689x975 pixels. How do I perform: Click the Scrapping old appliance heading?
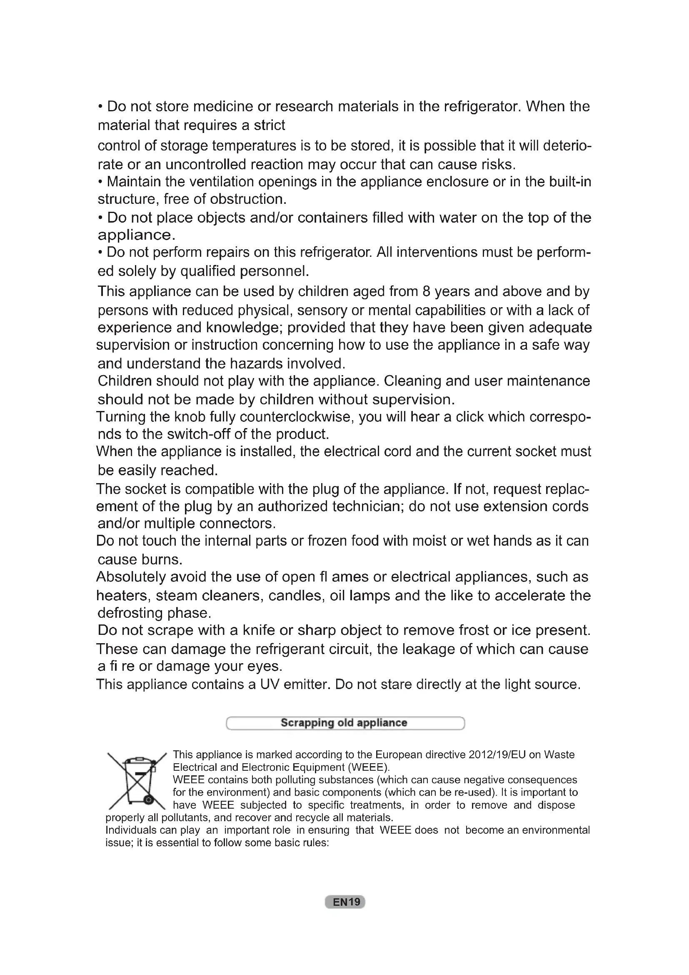pyautogui.click(x=344, y=723)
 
